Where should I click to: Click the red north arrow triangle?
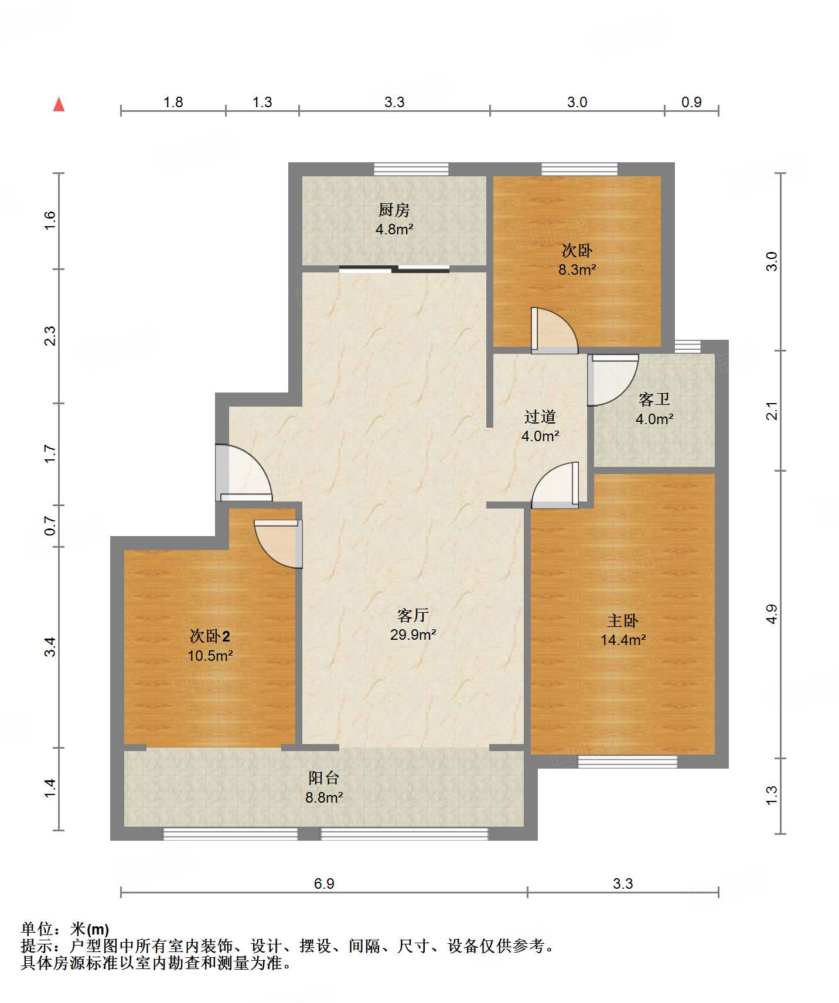[59, 104]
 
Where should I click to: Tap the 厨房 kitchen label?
[394, 210]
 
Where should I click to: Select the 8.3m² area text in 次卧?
[577, 269]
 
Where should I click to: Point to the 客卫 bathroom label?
[654, 400]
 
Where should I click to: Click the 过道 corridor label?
[540, 417]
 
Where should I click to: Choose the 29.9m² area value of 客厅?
[413, 634]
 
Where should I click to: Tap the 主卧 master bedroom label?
[623, 620]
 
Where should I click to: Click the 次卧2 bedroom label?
[210, 636]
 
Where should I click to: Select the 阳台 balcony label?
[323, 778]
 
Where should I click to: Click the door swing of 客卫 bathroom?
[613, 380]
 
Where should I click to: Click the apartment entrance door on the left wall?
[244, 473]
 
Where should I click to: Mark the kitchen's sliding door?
[394, 269]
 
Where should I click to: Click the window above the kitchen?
[411, 169]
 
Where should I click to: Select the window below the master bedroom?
[627, 762]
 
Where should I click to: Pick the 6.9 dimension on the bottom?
[324, 883]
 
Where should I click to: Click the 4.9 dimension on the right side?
[772, 614]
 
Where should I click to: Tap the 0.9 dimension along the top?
[691, 102]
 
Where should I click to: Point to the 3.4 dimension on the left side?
[50, 647]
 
